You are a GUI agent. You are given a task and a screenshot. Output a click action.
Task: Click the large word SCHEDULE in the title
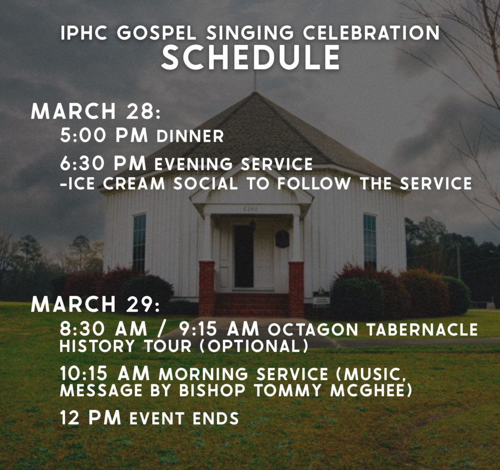click(x=250, y=57)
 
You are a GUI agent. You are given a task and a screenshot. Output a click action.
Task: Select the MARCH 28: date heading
click(x=96, y=111)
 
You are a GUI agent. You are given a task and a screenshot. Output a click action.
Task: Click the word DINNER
click(x=190, y=136)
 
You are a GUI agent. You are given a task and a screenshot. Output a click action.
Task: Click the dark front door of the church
click(x=244, y=256)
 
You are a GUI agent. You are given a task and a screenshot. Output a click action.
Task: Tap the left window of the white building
click(x=139, y=243)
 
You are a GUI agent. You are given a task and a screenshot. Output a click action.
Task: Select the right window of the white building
click(x=370, y=241)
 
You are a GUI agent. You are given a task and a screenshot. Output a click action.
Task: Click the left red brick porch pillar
click(x=207, y=288)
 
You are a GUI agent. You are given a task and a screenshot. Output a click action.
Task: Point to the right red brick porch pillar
click(x=296, y=288)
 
